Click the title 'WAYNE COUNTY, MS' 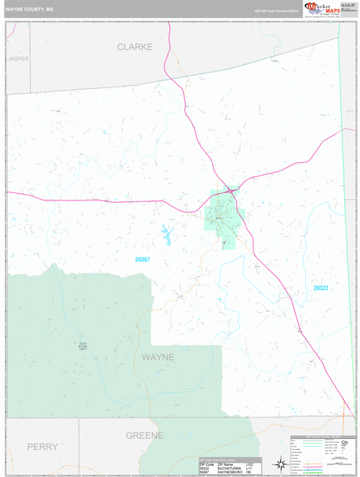click(x=30, y=10)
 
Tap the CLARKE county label click(x=134, y=47)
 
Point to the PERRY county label click(x=41, y=447)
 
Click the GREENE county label click(x=144, y=436)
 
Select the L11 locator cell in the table click(x=249, y=467)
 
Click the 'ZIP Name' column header click(x=208, y=463)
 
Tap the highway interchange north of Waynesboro click(x=230, y=190)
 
